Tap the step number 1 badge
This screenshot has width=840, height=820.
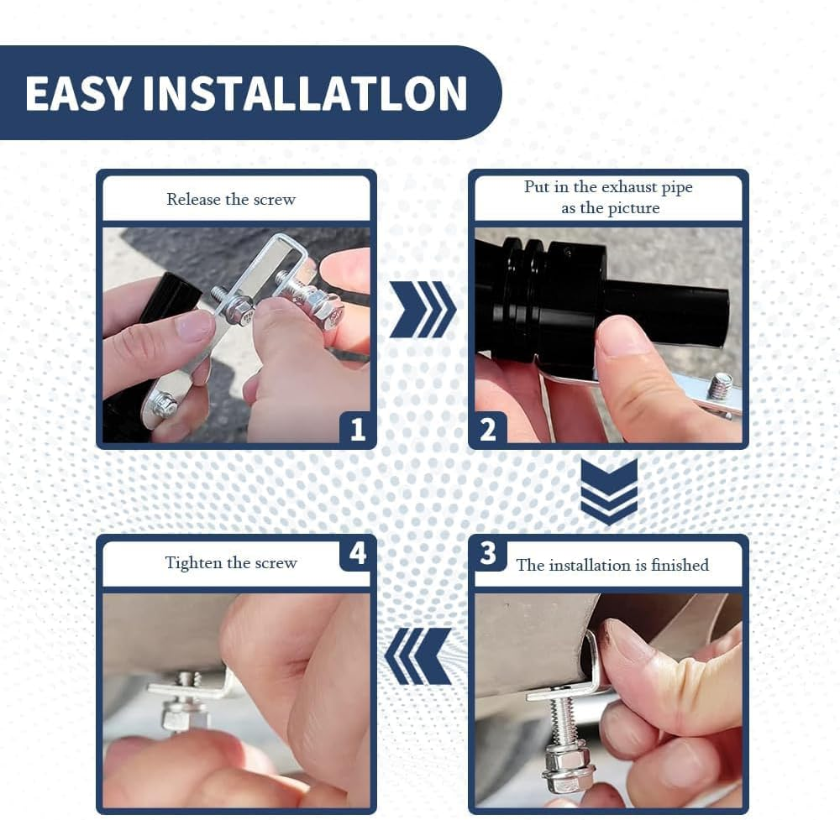pos(357,429)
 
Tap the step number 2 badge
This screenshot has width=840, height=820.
pos(488,429)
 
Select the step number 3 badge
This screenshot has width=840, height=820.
pos(488,553)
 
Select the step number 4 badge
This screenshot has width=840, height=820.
pos(357,553)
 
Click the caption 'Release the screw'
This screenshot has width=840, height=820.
pos(231,199)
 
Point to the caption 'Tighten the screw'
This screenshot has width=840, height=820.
pos(231,562)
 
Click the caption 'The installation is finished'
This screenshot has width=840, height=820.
pos(612,565)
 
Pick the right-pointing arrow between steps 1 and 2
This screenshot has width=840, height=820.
pos(423,310)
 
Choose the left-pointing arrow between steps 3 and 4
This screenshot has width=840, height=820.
pos(417,656)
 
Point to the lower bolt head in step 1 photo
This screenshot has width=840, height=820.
pos(165,403)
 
